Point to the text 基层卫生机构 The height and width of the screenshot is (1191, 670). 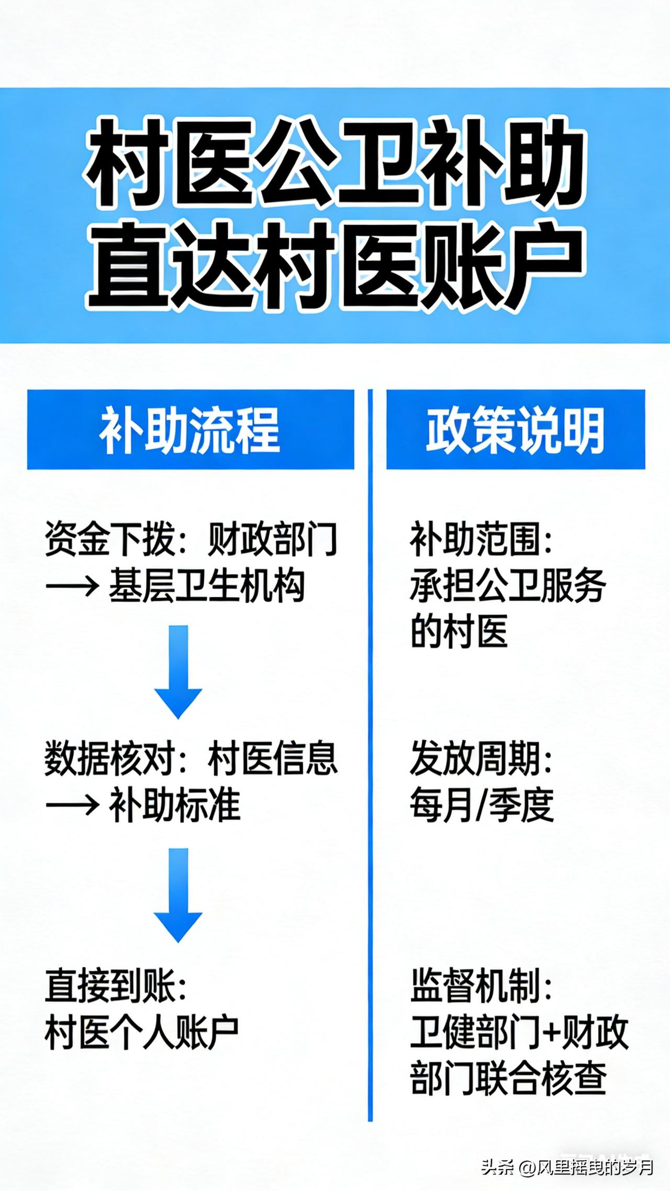click(207, 585)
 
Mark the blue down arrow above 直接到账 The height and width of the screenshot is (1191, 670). click(178, 895)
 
